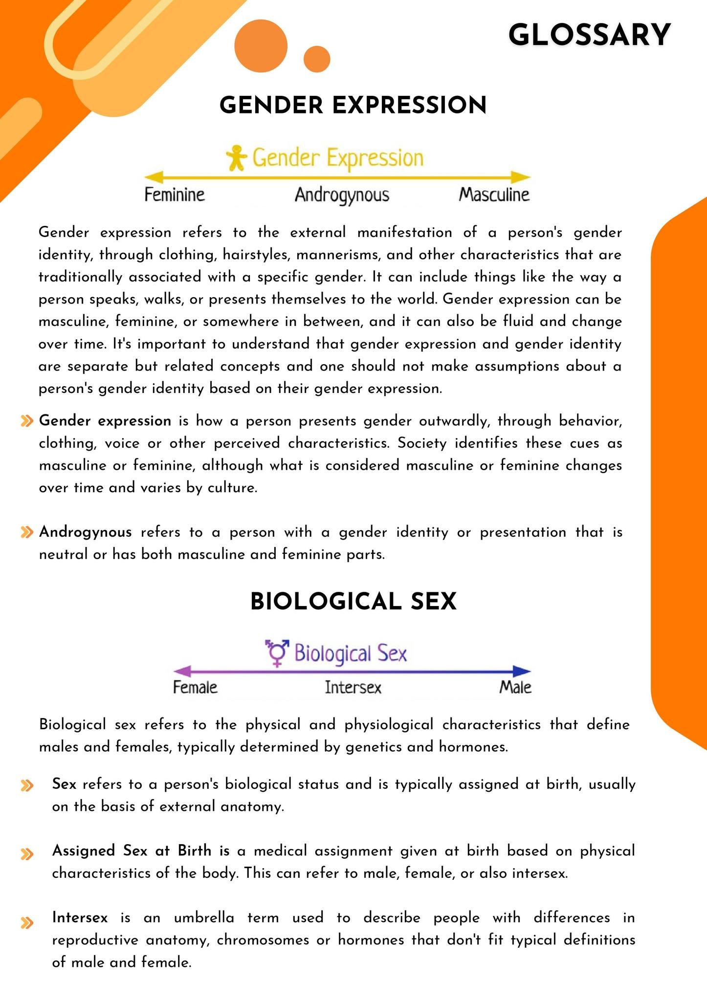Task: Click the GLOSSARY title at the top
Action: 589,35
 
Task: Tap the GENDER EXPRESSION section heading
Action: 353,105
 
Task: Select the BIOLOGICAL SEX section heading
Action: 353,601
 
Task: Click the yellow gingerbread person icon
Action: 237,157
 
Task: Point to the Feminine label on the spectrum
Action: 175,195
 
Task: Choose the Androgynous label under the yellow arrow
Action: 342,195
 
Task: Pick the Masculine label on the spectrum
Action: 494,195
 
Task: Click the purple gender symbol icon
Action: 277,653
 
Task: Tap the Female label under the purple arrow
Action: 195,687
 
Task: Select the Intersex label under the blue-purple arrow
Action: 353,687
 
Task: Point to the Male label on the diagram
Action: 515,687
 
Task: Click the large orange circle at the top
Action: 261,47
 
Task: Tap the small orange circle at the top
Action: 317,59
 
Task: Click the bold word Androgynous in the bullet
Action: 86,532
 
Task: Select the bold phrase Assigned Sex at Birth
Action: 132,850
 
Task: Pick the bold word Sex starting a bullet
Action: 64,784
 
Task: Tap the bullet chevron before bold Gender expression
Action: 27,421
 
